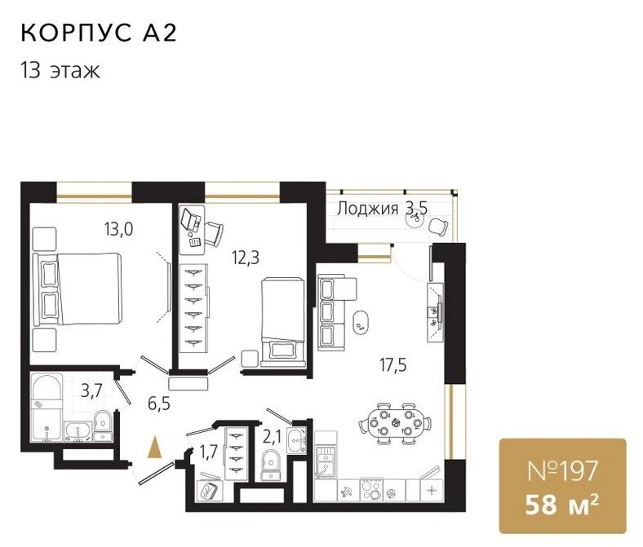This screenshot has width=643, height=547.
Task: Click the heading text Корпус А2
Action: click(99, 33)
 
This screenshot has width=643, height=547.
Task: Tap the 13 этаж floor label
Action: click(60, 70)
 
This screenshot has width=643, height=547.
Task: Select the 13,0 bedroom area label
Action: click(118, 229)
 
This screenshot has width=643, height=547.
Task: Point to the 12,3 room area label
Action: click(246, 258)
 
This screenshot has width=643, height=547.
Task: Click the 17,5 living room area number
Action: click(393, 364)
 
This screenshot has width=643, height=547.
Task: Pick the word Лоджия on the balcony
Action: click(367, 209)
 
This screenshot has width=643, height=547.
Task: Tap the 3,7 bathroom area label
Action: click(91, 391)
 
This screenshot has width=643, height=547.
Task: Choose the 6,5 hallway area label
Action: click(159, 404)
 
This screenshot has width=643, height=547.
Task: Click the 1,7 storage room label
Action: click(208, 453)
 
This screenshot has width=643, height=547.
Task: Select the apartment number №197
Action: click(562, 471)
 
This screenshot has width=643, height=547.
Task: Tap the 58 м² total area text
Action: click(562, 505)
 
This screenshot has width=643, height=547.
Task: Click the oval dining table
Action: click(395, 422)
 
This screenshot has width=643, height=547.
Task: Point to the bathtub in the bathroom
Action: click(47, 408)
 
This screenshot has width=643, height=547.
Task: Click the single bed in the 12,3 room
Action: click(283, 322)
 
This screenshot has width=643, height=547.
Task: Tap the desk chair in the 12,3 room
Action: click(214, 233)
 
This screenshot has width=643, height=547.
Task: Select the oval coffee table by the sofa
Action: click(361, 324)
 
